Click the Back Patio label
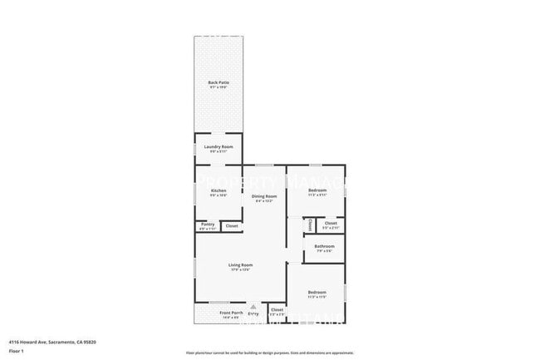point(218,82)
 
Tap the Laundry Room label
point(218,146)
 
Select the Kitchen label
point(218,190)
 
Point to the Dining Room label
point(265,196)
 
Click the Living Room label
point(240,265)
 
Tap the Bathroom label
point(324,246)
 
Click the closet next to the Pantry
point(232,225)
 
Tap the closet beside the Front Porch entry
point(277,309)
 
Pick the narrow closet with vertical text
point(307,224)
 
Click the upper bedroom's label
point(317,190)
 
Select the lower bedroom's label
point(317,292)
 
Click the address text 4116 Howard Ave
point(52,341)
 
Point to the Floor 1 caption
point(17,351)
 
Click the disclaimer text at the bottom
point(270,353)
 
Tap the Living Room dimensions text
point(240,269)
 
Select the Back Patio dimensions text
point(218,86)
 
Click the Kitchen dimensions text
point(218,195)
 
